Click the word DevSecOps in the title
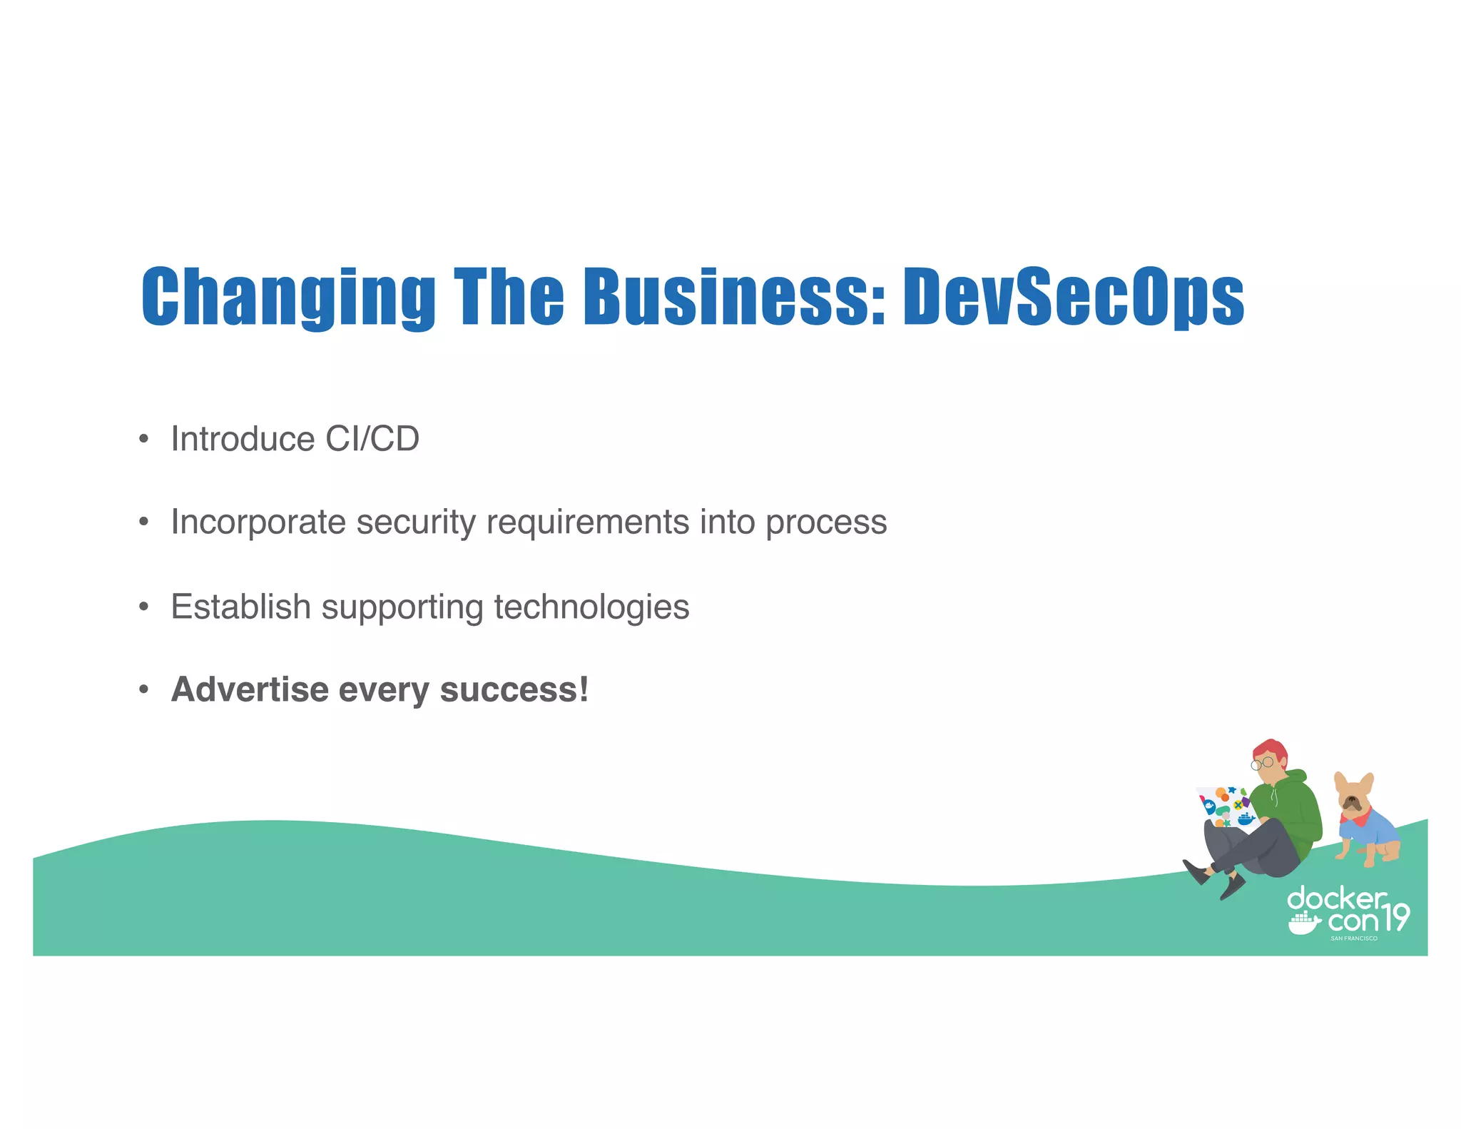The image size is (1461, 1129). pyautogui.click(x=1073, y=296)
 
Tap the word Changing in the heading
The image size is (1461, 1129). pyautogui.click(x=288, y=296)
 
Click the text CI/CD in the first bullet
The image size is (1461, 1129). pyautogui.click(x=372, y=438)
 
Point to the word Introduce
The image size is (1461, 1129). pyautogui.click(x=243, y=438)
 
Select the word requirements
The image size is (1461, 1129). pyautogui.click(x=587, y=522)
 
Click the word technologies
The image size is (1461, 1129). pyautogui.click(x=591, y=607)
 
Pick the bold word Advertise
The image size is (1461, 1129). pyautogui.click(x=250, y=689)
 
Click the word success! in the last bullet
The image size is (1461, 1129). pyautogui.click(x=514, y=689)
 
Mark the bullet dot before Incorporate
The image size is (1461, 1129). pyautogui.click(x=144, y=522)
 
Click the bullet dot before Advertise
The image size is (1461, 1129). pyautogui.click(x=144, y=689)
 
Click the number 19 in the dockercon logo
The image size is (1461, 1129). pyautogui.click(x=1395, y=917)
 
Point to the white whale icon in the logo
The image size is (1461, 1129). pyautogui.click(x=1304, y=923)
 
